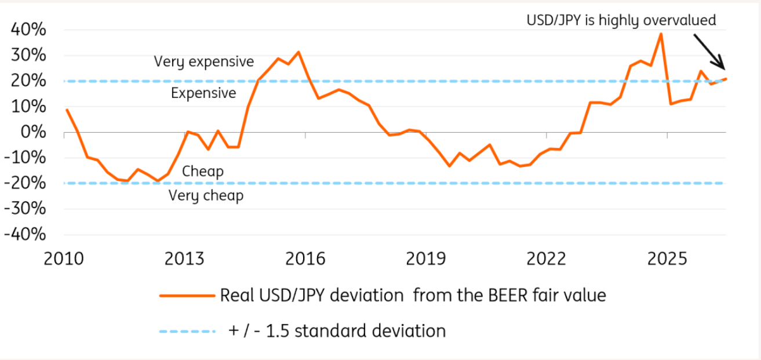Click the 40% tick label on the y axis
tap(28, 30)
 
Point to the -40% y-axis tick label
tap(25, 234)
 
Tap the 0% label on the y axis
tap(33, 132)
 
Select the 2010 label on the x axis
tap(64, 259)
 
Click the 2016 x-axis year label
tap(305, 259)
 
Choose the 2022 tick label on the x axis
tap(547, 259)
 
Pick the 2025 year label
tap(667, 259)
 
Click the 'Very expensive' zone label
tap(204, 62)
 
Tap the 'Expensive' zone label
tap(203, 93)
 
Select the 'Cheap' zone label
tap(203, 172)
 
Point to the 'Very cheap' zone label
tap(206, 196)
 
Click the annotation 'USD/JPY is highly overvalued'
tap(621, 20)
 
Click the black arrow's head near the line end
tap(724, 69)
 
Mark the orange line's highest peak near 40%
tap(661, 33)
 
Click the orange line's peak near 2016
tap(298, 52)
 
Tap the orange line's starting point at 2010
tap(67, 110)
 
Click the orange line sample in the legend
tap(187, 296)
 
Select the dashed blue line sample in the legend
tap(187, 332)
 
